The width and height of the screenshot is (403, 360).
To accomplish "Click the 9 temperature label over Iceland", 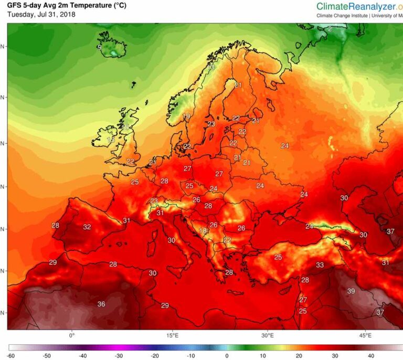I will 99,48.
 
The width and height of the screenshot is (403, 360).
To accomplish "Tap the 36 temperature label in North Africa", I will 101,304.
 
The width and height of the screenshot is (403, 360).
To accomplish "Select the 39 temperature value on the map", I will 351,291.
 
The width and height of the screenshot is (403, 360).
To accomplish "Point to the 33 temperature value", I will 320,265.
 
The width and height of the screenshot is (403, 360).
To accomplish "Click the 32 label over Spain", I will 87,227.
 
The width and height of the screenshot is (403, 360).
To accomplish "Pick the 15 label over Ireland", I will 111,140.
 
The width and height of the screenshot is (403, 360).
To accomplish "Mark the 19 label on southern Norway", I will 186,117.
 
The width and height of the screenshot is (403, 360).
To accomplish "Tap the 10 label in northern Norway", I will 211,67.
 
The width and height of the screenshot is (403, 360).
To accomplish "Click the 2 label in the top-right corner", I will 330,29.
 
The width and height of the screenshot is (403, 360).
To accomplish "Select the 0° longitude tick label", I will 72,335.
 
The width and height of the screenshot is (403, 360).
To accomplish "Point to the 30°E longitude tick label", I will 268,335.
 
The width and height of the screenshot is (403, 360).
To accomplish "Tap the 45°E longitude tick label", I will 366,335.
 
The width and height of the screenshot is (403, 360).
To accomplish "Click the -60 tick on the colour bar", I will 10,355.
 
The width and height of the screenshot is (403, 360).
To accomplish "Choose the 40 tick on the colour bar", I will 370,355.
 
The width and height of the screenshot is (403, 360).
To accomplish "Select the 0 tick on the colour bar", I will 227,355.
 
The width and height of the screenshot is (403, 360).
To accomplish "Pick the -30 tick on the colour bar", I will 118,355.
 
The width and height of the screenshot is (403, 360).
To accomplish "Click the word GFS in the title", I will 14,5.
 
